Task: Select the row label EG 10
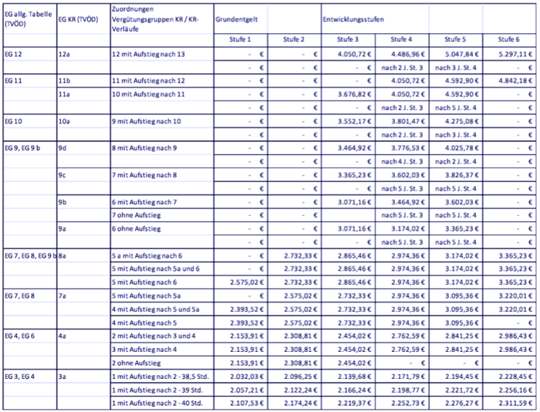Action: pos(15,121)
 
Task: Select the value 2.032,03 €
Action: pos(243,376)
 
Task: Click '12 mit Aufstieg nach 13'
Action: pos(150,55)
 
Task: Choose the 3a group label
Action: pos(63,376)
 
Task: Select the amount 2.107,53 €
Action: pos(243,403)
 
